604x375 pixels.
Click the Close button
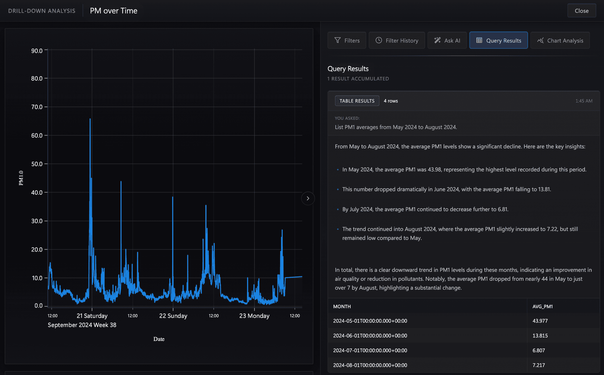click(x=581, y=11)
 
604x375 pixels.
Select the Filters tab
click(x=347, y=40)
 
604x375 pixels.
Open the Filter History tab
click(x=397, y=40)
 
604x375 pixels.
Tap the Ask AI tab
click(x=447, y=40)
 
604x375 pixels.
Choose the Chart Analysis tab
click(x=560, y=40)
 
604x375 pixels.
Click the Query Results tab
click(x=499, y=40)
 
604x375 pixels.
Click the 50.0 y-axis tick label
click(x=37, y=164)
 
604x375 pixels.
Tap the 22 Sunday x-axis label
click(x=173, y=316)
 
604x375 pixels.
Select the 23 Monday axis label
click(x=254, y=316)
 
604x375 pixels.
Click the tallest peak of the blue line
click(x=90, y=119)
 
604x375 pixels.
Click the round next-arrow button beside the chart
click(x=308, y=198)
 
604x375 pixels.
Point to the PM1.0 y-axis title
click(x=21, y=178)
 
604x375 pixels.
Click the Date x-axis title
click(x=159, y=339)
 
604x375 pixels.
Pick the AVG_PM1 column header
click(x=542, y=306)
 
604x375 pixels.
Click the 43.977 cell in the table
click(x=540, y=321)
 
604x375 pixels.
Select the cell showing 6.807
click(x=539, y=350)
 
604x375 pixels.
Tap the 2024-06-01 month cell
click(x=370, y=336)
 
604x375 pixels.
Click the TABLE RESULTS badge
click(x=357, y=101)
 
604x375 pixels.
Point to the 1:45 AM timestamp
click(x=584, y=101)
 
